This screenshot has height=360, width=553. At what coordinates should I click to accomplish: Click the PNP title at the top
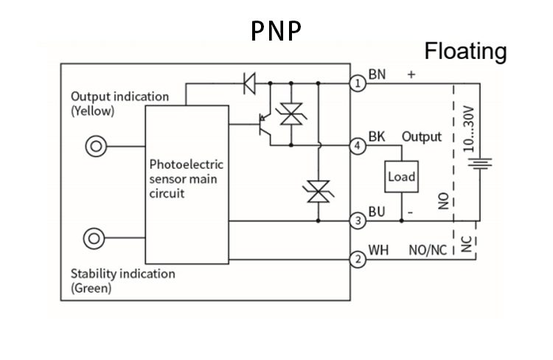coord(276,30)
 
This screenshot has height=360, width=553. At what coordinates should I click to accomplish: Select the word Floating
coord(465,51)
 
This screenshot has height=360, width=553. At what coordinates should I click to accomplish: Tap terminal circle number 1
coord(358,83)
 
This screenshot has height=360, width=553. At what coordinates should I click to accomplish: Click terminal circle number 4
coord(358,146)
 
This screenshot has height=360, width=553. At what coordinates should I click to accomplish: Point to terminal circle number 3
coord(358,221)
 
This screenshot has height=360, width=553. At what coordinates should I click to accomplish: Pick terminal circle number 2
coord(358,259)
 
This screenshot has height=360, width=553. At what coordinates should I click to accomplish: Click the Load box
coord(402,177)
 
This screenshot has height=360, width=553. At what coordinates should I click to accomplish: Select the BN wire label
coord(378,75)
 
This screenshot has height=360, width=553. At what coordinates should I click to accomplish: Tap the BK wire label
coord(377,136)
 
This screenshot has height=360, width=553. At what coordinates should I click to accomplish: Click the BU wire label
coord(377,212)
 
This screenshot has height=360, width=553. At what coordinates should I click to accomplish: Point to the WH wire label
coord(378,250)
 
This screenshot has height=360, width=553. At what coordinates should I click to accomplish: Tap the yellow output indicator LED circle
coord(95,146)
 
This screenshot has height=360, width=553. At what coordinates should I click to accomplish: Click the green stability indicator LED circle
coord(95,238)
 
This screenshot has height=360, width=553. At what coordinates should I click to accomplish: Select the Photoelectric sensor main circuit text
coord(186,179)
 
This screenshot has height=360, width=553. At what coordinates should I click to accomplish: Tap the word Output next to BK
coord(422,136)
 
